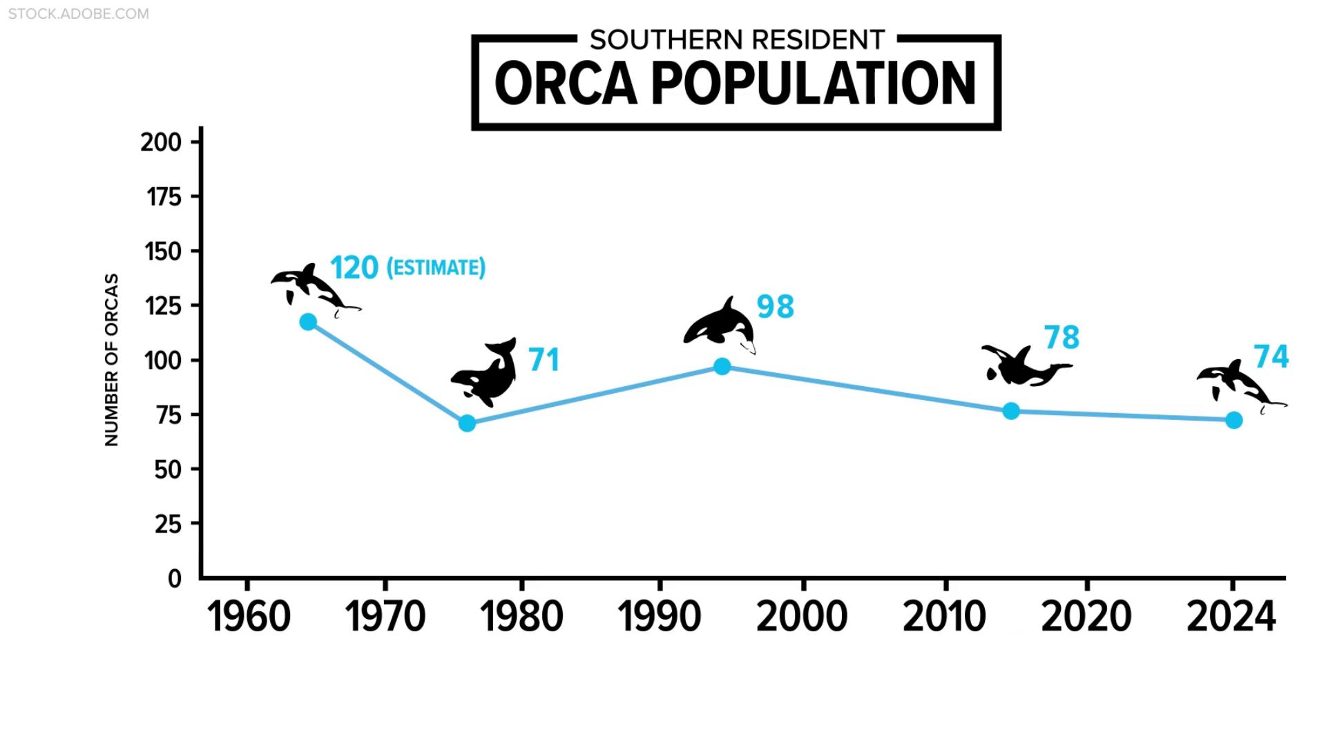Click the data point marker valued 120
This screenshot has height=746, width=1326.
click(308, 322)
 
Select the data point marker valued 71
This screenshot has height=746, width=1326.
click(467, 423)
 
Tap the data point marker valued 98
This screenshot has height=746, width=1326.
click(722, 366)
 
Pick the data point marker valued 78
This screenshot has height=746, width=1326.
click(1011, 411)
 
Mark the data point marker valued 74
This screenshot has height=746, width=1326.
click(1233, 420)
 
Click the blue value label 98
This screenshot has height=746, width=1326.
click(776, 307)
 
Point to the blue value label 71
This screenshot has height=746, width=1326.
click(544, 360)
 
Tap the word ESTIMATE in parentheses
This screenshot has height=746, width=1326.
click(436, 268)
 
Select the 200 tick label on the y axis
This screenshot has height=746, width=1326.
click(161, 142)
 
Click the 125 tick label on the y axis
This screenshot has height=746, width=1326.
click(163, 305)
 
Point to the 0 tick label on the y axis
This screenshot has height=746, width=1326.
click(175, 578)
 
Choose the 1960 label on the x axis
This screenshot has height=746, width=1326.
click(249, 616)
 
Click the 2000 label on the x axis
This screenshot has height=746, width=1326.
click(802, 616)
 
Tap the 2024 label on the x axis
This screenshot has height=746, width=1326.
click(1231, 616)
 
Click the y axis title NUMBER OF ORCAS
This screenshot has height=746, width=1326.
click(112, 359)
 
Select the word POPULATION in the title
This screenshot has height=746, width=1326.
click(814, 84)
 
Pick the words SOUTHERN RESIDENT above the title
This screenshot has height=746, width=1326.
click(737, 40)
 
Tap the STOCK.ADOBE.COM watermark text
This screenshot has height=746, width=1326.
click(79, 14)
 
